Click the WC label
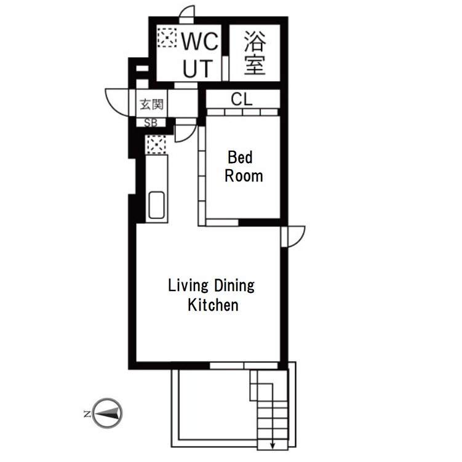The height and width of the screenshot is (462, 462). tap(200, 41)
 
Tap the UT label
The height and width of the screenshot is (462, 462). tap(197, 68)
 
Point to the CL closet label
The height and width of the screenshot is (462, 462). tap(242, 99)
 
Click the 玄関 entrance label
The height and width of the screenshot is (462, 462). tap(151, 105)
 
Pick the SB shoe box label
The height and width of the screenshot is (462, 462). tap(151, 122)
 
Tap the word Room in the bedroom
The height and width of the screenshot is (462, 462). tap(244, 176)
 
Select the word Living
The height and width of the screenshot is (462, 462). tap(188, 286)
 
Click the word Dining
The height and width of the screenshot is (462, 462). tap(234, 286)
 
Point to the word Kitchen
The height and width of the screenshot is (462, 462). tap(213, 305)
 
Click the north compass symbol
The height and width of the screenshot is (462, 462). tap(107, 413)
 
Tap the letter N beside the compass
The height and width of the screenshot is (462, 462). tap(87, 413)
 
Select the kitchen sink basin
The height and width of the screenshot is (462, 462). tap(156, 205)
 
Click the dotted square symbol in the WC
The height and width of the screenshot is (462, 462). tap(167, 38)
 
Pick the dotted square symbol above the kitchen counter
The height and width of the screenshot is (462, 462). tap(156, 145)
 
